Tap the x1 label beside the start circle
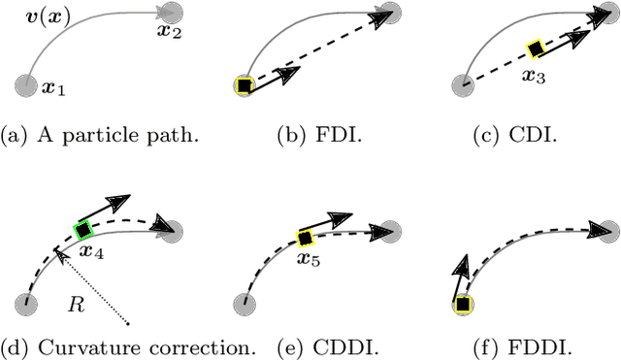[53, 88]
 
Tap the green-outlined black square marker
[82, 230]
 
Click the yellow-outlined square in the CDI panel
[534, 49]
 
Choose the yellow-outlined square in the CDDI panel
[304, 238]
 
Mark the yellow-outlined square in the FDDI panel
[463, 305]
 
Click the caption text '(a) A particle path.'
[101, 134]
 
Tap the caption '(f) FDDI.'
[538, 347]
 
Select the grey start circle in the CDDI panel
[246, 305]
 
